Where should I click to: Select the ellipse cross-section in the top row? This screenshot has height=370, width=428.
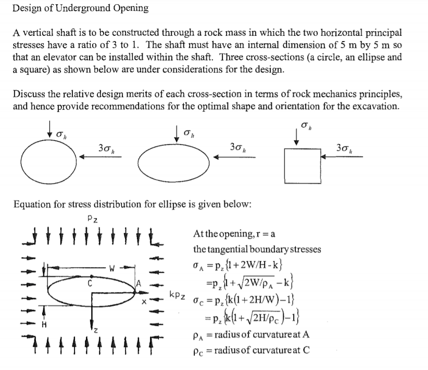pyautogui.click(x=178, y=161)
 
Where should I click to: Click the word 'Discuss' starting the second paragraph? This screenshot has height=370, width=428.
pyautogui.click(x=28, y=94)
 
